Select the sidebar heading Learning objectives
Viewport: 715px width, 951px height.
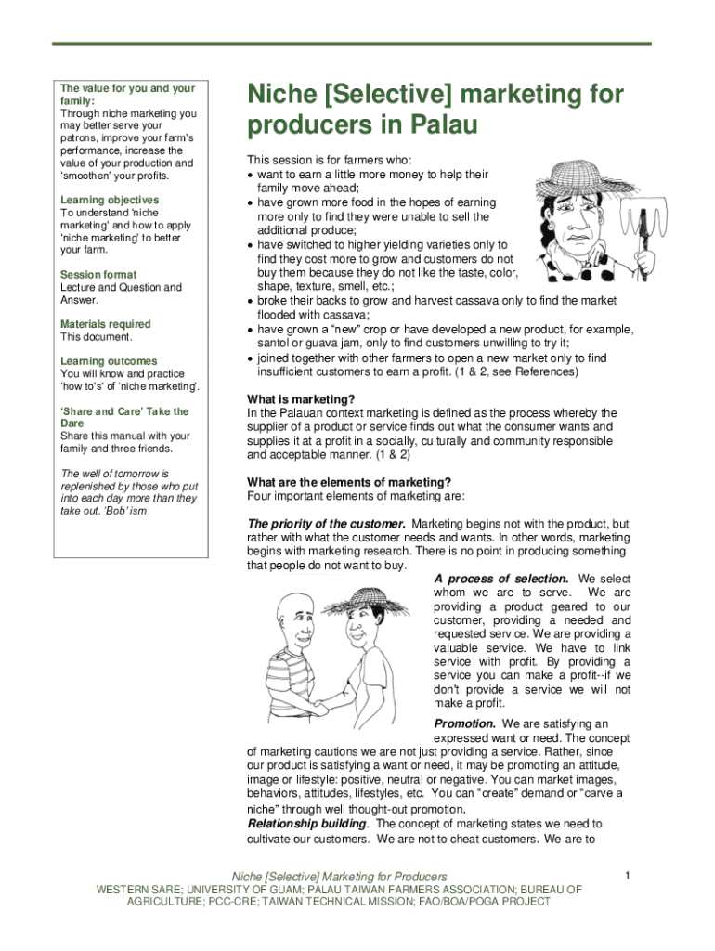[110, 200]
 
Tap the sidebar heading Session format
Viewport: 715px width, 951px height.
[98, 275]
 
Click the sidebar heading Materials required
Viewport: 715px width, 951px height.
[106, 324]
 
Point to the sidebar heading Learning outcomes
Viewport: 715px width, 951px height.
[109, 361]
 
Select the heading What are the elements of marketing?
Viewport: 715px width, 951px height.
[349, 482]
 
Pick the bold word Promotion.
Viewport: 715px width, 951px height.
[464, 723]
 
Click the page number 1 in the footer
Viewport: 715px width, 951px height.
[628, 875]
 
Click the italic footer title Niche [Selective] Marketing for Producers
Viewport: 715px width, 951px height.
[338, 877]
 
